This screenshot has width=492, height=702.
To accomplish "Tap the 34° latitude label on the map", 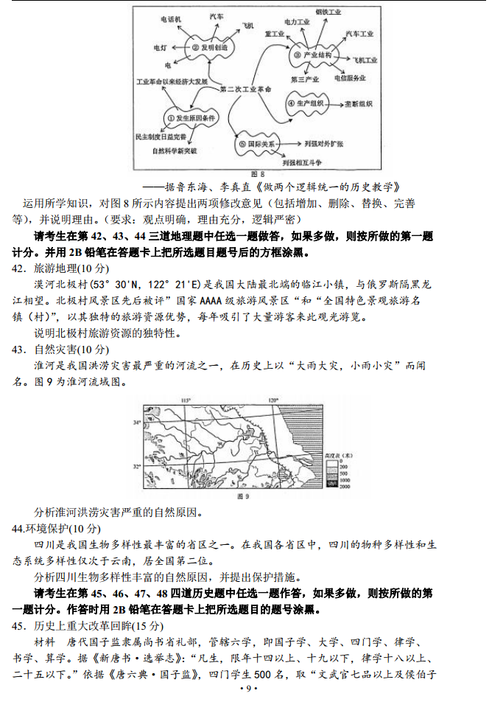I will (x=137, y=423).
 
